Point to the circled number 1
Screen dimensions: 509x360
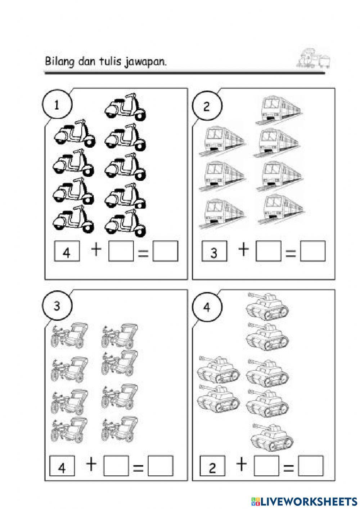pyautogui.click(x=57, y=105)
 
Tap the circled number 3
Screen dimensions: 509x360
pyautogui.click(x=57, y=306)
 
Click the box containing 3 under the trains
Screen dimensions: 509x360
pyautogui.click(x=214, y=251)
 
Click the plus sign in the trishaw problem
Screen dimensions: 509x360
pyautogui.click(x=91, y=464)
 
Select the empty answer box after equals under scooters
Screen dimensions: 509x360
pyautogui.click(x=165, y=251)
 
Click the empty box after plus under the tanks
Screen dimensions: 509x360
pyautogui.click(x=266, y=466)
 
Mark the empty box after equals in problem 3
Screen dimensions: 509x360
pyautogui.click(x=161, y=466)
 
